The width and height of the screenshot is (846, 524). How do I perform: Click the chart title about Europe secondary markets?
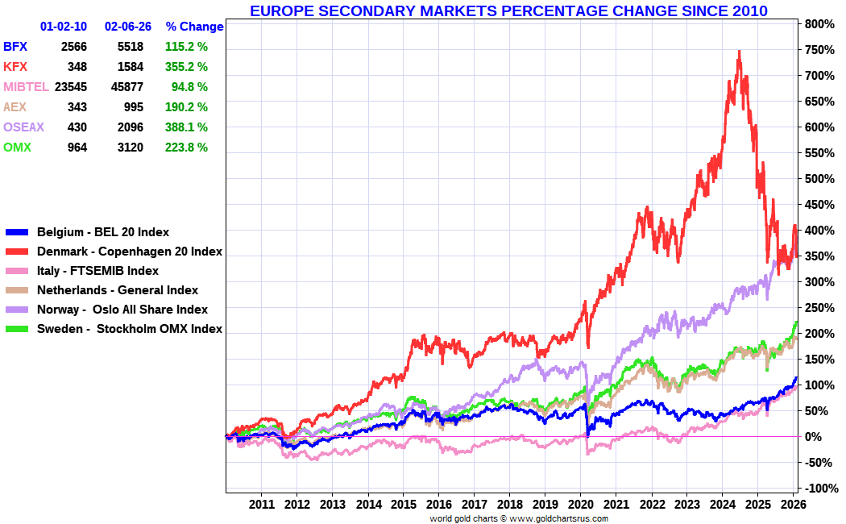click(x=508, y=10)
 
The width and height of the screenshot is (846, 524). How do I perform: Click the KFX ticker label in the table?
click(x=15, y=67)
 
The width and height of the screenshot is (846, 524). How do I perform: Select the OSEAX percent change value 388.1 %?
click(x=186, y=127)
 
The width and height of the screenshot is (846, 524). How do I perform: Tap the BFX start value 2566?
click(x=73, y=47)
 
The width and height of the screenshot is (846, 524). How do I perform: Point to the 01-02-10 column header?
click(x=64, y=27)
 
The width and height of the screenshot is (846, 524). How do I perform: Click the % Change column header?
click(x=194, y=27)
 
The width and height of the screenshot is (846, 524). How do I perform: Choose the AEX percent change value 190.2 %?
click(x=186, y=107)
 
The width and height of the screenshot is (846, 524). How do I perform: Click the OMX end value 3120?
click(x=130, y=148)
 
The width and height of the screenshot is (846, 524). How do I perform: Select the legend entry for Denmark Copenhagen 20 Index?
click(x=129, y=252)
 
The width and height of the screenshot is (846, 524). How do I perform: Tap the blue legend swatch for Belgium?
click(x=17, y=232)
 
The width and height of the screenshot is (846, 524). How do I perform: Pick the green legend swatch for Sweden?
click(x=17, y=329)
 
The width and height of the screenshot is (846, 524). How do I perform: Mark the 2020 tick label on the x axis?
click(x=580, y=504)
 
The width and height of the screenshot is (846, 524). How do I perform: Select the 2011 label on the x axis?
click(x=261, y=504)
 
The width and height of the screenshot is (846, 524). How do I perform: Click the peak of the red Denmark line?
click(x=739, y=52)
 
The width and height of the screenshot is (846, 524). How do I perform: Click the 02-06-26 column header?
click(x=128, y=27)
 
